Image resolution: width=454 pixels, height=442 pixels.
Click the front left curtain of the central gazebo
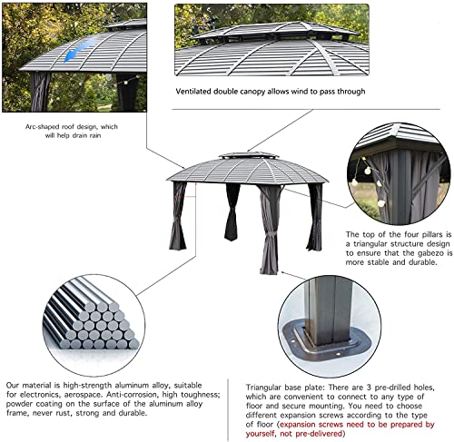pyautogui.click(x=178, y=218)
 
